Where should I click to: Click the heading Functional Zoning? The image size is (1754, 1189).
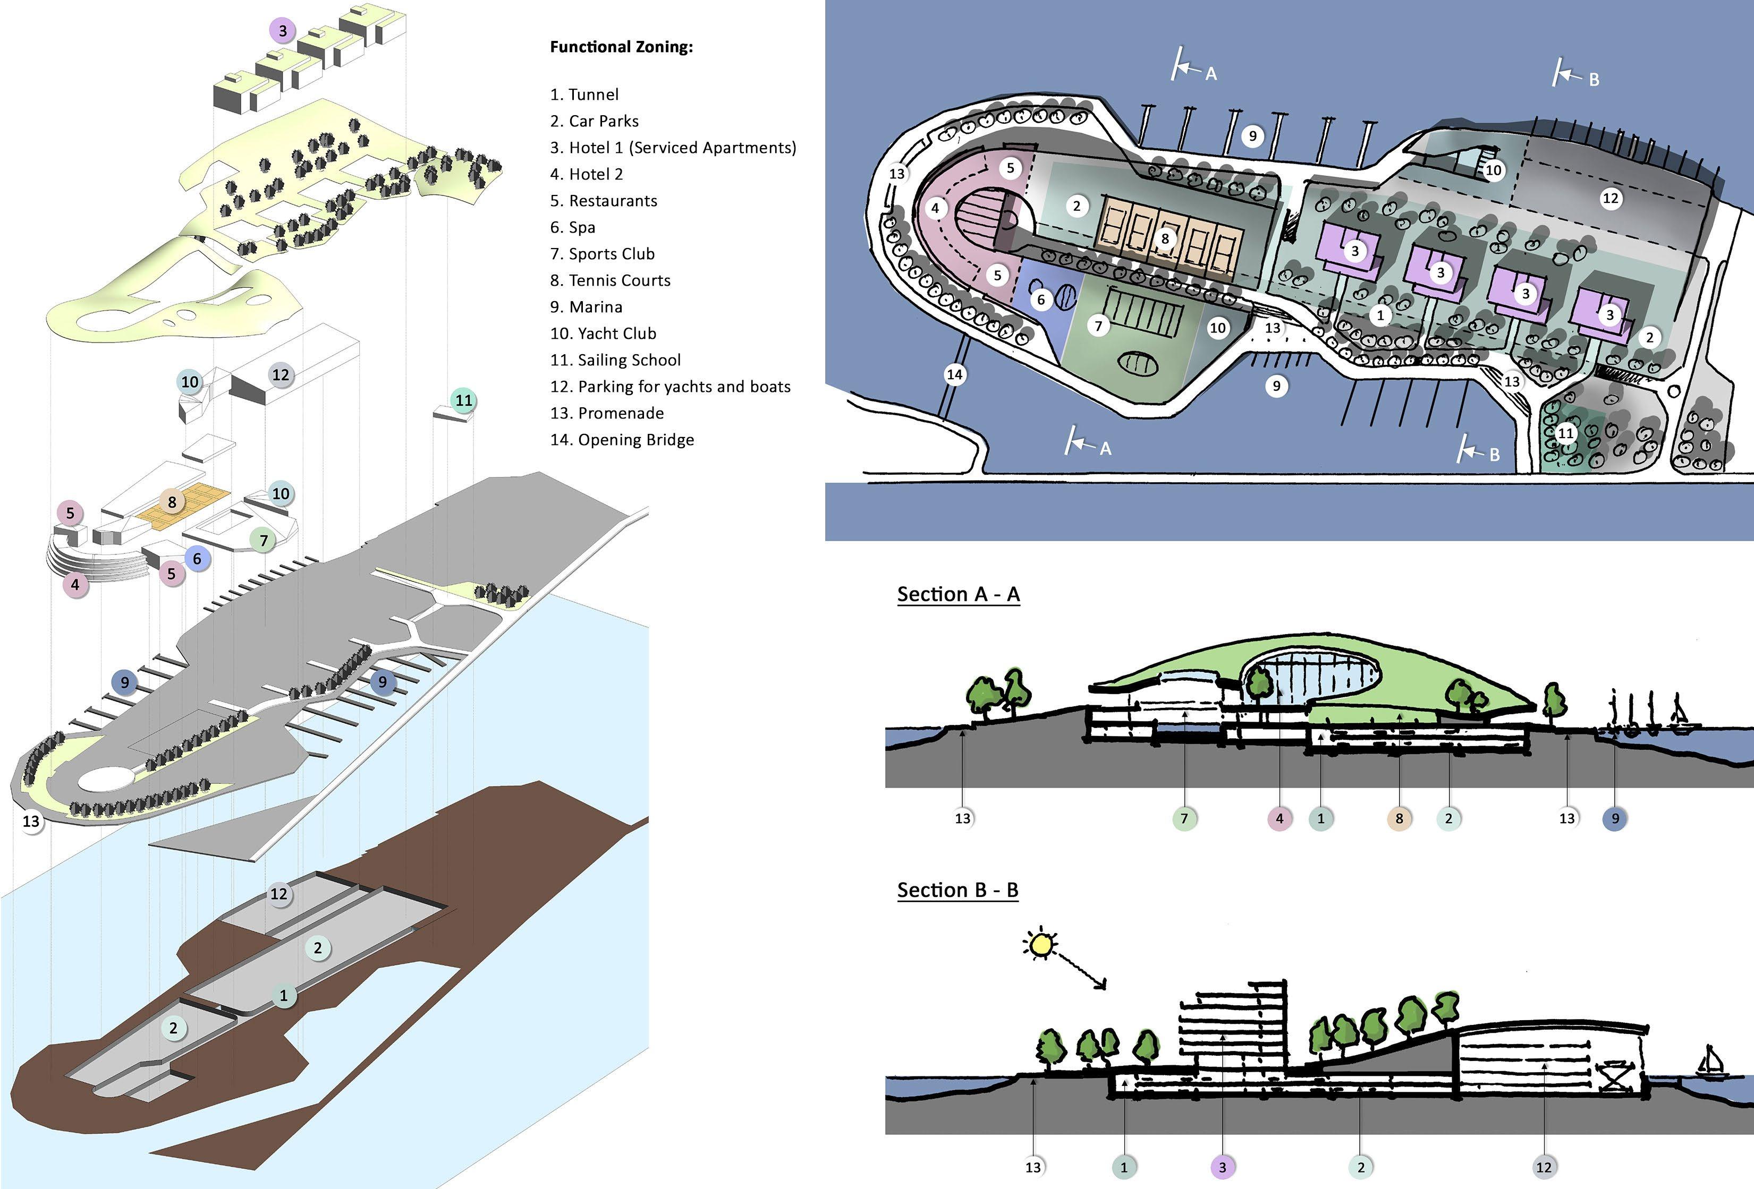621,47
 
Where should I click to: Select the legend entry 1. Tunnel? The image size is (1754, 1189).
584,95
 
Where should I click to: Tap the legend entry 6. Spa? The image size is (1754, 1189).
572,227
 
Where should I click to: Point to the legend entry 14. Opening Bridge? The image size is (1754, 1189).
622,440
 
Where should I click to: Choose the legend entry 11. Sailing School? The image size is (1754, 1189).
615,360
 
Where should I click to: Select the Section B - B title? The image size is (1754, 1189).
957,890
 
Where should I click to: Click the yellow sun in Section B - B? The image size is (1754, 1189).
1041,944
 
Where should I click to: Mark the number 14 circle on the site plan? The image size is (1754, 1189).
955,374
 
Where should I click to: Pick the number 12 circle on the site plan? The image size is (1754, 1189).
1611,199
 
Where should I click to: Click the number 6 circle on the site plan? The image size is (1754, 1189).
1041,300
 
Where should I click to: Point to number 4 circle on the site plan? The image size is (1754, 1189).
935,208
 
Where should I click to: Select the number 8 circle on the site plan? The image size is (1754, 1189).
1165,239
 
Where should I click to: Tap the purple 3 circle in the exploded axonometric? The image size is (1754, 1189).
282,31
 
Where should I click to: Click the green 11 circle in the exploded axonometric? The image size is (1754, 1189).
463,400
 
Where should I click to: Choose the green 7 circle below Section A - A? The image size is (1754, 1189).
1184,818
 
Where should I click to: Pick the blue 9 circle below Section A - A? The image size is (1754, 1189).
1615,818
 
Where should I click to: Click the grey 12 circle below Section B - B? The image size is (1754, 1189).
1544,1168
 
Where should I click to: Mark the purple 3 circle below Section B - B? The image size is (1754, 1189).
1223,1168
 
